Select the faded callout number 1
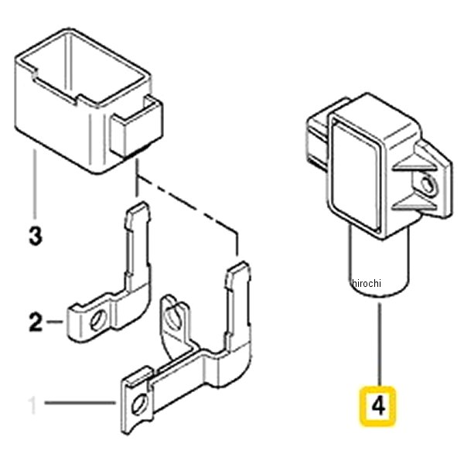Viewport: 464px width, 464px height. coord(32,406)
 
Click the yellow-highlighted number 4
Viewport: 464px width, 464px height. coord(378,406)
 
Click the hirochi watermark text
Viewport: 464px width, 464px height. coord(367,283)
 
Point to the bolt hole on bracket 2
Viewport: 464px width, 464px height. coord(98,320)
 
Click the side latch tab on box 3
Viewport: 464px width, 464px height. coord(136,127)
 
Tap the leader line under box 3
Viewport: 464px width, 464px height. coord(36,184)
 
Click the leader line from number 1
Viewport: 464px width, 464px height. coord(80,402)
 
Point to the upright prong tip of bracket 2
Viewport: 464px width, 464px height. coord(138,207)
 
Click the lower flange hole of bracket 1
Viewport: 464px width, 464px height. coord(139,404)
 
